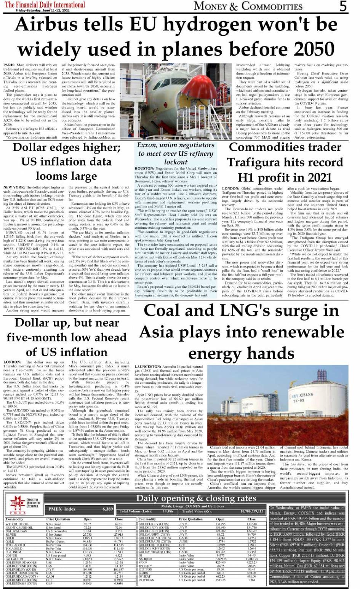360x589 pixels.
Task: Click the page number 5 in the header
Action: (343, 6)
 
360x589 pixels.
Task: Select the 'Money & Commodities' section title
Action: (248, 6)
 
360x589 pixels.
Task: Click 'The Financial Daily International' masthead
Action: (45, 5)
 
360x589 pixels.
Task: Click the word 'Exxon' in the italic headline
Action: (149, 145)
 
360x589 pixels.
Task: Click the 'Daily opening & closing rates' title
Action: (196, 498)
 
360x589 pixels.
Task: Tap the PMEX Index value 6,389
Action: (107, 509)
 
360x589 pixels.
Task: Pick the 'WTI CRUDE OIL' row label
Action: (17, 524)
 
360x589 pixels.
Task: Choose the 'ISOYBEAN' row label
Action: (147, 580)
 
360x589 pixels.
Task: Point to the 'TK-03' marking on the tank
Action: (298, 401)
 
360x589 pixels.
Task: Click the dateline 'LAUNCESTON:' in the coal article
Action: (147, 366)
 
